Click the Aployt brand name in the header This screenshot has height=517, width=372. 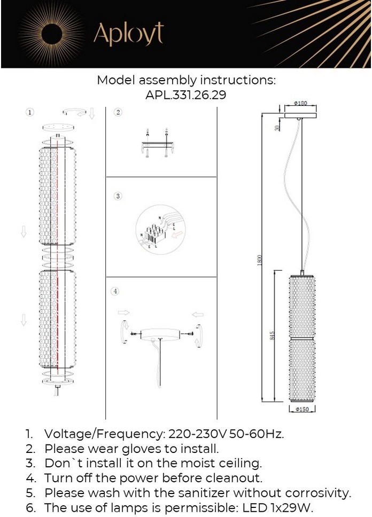(128, 34)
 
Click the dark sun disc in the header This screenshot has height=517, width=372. (52, 34)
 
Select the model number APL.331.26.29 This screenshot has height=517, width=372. (186, 95)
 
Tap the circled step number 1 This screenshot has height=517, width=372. (30, 113)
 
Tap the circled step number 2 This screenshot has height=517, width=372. (118, 112)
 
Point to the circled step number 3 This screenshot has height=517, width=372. (118, 196)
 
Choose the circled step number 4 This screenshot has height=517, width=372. (115, 292)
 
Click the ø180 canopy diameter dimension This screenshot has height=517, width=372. (300, 103)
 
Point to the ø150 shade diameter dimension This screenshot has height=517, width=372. (302, 409)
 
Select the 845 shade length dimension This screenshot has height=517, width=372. (272, 335)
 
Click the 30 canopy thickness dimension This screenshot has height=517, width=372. (277, 127)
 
